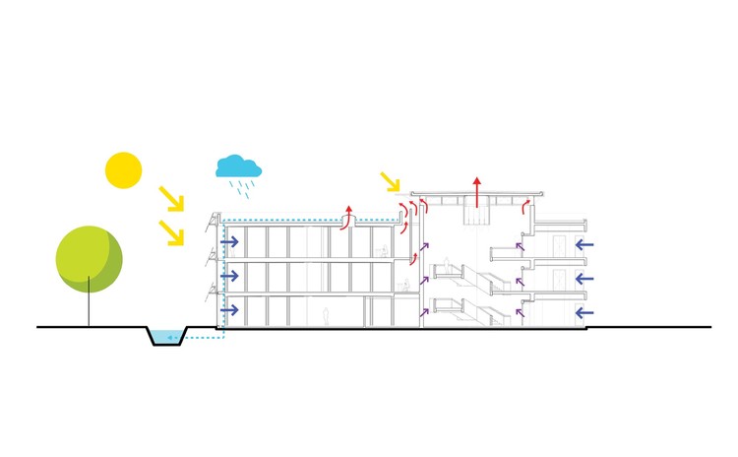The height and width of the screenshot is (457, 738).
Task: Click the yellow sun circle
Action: click(x=123, y=169)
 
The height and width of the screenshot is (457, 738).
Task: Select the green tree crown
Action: click(x=89, y=259)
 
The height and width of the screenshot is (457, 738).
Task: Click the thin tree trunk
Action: click(x=90, y=306)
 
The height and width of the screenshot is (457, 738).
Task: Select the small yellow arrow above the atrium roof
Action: click(x=392, y=182)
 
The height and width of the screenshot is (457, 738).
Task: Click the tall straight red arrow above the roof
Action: click(x=477, y=192)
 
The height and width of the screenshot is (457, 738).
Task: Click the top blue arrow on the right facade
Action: click(x=584, y=242)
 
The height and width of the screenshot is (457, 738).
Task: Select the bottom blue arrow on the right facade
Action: click(x=584, y=312)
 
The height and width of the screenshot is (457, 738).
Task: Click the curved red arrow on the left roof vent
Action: click(x=347, y=217)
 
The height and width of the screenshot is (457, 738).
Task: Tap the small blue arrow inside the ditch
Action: click(x=172, y=338)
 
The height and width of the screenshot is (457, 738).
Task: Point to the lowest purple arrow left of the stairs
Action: click(x=425, y=311)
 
